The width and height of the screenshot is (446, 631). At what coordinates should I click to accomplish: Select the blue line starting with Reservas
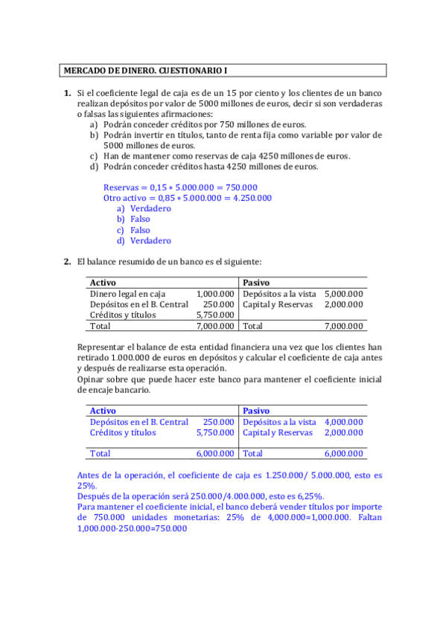click(180, 188)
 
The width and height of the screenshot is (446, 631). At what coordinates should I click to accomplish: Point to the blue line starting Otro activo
click(187, 198)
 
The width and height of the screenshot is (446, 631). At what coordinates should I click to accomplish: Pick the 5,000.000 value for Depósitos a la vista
click(344, 294)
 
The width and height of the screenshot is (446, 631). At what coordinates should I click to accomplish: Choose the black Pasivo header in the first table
click(256, 283)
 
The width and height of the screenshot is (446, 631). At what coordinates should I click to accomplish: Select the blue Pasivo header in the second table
click(256, 411)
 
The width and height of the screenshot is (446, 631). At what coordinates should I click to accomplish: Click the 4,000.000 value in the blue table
click(344, 422)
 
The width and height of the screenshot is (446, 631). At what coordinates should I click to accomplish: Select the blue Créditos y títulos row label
click(123, 432)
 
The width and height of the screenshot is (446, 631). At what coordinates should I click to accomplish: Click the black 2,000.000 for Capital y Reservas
click(344, 304)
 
